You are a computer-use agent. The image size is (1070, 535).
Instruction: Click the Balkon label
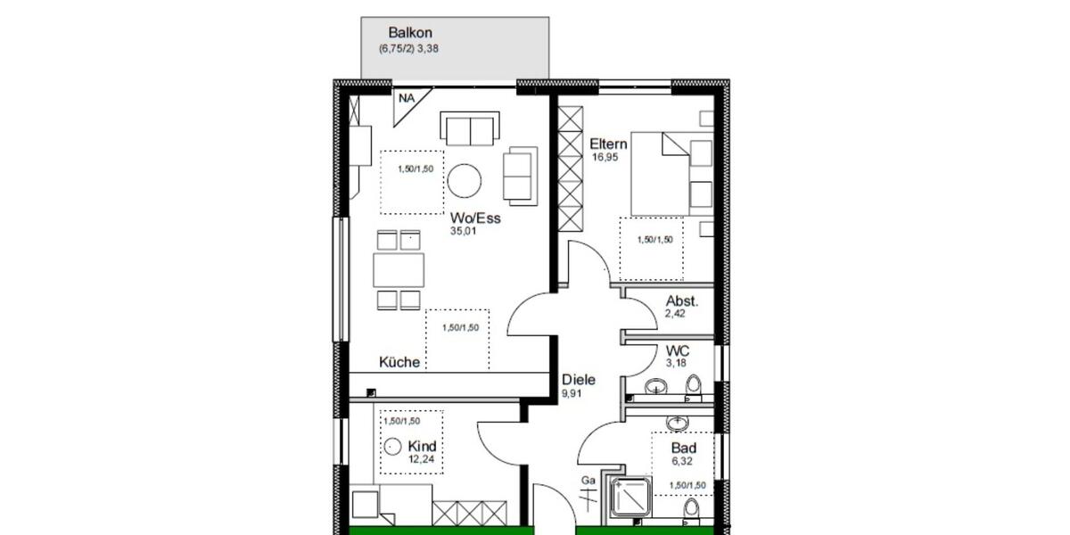pyautogui.click(x=410, y=33)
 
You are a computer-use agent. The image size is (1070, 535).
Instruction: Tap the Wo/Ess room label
pyautogui.click(x=475, y=218)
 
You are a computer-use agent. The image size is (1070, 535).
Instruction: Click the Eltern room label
pyautogui.click(x=609, y=144)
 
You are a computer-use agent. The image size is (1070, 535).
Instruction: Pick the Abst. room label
pyautogui.click(x=682, y=301)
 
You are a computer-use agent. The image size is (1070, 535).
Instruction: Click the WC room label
pyautogui.click(x=678, y=351)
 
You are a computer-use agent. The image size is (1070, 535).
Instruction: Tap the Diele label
pyautogui.click(x=578, y=379)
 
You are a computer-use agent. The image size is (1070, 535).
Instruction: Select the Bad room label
pyautogui.click(x=685, y=448)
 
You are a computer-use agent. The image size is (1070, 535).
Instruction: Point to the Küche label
pyautogui.click(x=399, y=362)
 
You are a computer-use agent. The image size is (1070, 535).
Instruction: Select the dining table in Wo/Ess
pyautogui.click(x=399, y=269)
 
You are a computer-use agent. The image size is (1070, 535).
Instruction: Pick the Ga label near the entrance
pyautogui.click(x=588, y=481)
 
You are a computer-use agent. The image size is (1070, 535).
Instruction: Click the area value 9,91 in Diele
pyautogui.click(x=572, y=392)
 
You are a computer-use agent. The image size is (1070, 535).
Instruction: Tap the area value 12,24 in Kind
pyautogui.click(x=420, y=459)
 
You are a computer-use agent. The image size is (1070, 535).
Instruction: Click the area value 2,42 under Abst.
pyautogui.click(x=677, y=315)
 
